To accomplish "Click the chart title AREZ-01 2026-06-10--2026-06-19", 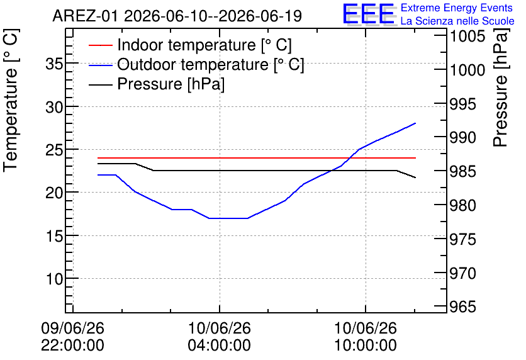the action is [177, 16].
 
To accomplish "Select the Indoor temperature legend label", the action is [204, 45].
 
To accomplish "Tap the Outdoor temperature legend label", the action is [211, 64].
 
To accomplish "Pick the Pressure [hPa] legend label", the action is [171, 84].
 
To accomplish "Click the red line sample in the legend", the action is [100, 45].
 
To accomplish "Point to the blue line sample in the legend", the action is [100, 65].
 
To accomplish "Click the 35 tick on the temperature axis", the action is [54, 64].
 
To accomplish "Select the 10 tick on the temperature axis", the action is [54, 278].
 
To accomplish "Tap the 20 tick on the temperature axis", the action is [54, 193].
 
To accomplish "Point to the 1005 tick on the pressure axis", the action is [467, 37].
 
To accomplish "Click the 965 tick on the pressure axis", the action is [463, 307].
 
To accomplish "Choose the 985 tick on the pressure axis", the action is [463, 171].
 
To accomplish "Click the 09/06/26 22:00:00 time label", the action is [73, 337].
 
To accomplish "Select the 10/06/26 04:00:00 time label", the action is [220, 337].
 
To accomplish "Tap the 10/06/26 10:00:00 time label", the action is [366, 337].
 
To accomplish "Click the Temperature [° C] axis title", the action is [11, 101].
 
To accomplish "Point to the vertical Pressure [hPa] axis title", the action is [501, 87].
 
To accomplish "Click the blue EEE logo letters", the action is [368, 14].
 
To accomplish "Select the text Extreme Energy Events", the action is [457, 8].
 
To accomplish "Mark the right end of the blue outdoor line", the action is [416, 123].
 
